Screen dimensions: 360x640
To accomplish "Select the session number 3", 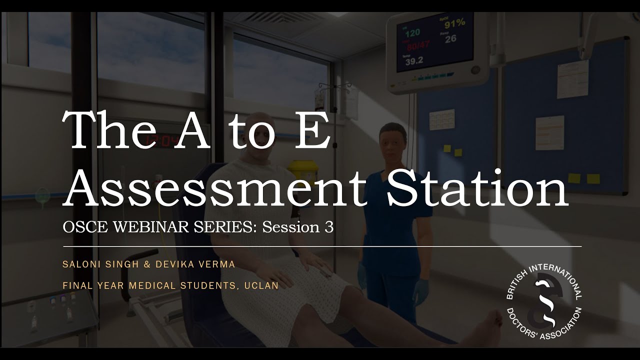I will (x=328, y=227).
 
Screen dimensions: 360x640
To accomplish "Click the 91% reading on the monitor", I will (x=454, y=22).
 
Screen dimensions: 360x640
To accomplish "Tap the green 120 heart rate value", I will (x=412, y=33).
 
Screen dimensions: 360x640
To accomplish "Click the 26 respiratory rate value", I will (x=450, y=38).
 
